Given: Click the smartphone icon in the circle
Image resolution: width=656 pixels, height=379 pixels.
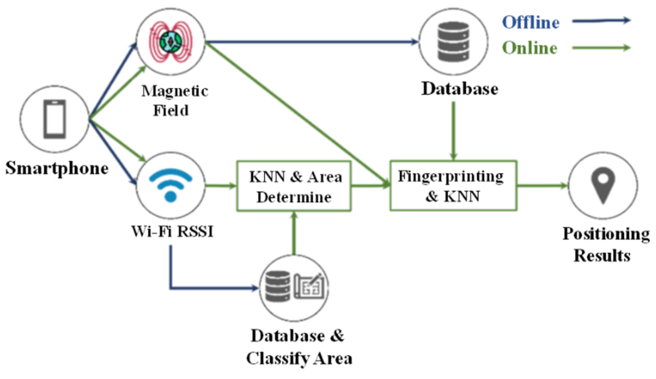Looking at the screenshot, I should point(54,119).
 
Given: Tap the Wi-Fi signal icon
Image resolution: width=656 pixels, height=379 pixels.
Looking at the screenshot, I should point(170,185).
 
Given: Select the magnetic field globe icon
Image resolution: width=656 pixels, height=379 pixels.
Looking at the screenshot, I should point(170,42).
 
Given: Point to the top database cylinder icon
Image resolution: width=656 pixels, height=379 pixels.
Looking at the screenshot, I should point(453,42).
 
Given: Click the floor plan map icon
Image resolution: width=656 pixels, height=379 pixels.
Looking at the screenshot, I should point(309,287).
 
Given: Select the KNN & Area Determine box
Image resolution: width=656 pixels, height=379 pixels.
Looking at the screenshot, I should point(294,186).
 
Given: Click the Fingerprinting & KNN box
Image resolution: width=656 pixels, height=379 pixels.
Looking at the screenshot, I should point(453,186).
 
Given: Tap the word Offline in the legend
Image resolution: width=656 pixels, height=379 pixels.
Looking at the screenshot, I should point(531,22).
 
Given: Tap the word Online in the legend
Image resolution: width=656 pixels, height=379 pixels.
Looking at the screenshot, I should point(530,48).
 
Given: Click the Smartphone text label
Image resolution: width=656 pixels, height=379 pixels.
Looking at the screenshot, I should point(57,168).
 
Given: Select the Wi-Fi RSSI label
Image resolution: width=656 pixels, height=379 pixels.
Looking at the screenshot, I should point(172,231).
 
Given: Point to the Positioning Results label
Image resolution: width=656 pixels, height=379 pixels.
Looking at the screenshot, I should point(605,244).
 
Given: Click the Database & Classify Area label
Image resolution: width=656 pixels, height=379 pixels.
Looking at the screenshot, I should point(299,347).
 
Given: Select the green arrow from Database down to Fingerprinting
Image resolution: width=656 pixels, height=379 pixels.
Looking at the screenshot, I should point(453,131).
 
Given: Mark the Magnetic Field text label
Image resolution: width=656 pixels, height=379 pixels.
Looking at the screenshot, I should point(174,101).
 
